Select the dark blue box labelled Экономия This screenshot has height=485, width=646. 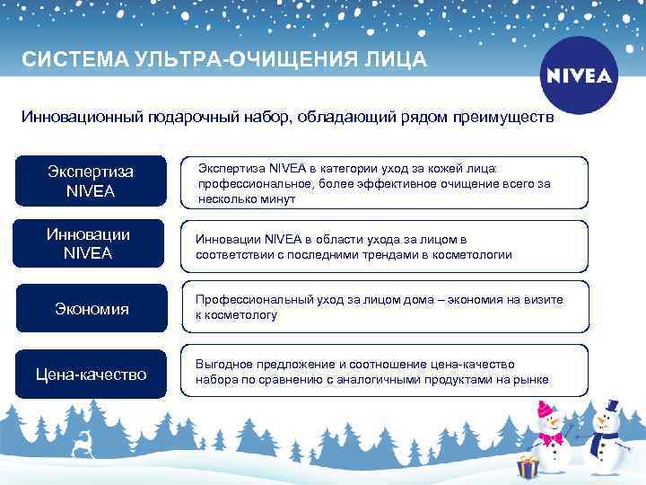[x=90, y=309]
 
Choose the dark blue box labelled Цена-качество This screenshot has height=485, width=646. [x=90, y=374]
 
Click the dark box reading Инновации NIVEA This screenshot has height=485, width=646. [x=90, y=243]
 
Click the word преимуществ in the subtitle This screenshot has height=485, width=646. [x=502, y=118]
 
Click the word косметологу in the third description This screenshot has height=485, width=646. [x=243, y=315]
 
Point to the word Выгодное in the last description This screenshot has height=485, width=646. [x=224, y=364]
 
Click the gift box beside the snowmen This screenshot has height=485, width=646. [x=527, y=466]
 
